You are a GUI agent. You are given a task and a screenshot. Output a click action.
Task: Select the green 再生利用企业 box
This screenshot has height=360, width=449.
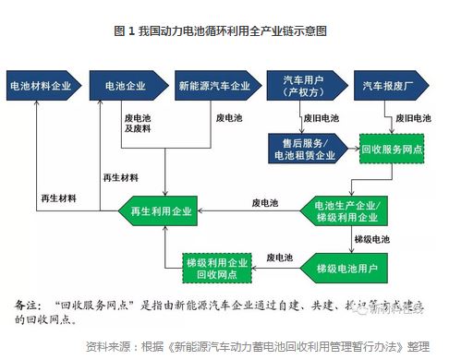pos(163,211)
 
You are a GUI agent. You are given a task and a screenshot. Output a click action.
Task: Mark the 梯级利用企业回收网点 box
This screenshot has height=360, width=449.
pos(219,265)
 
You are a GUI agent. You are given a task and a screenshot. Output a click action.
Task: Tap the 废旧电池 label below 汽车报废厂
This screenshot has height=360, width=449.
pos(413,118)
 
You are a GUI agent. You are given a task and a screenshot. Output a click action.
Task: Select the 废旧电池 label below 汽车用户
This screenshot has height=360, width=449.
pos(322,118)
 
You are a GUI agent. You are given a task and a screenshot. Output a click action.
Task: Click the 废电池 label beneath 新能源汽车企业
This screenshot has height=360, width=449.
pos(228,118)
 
